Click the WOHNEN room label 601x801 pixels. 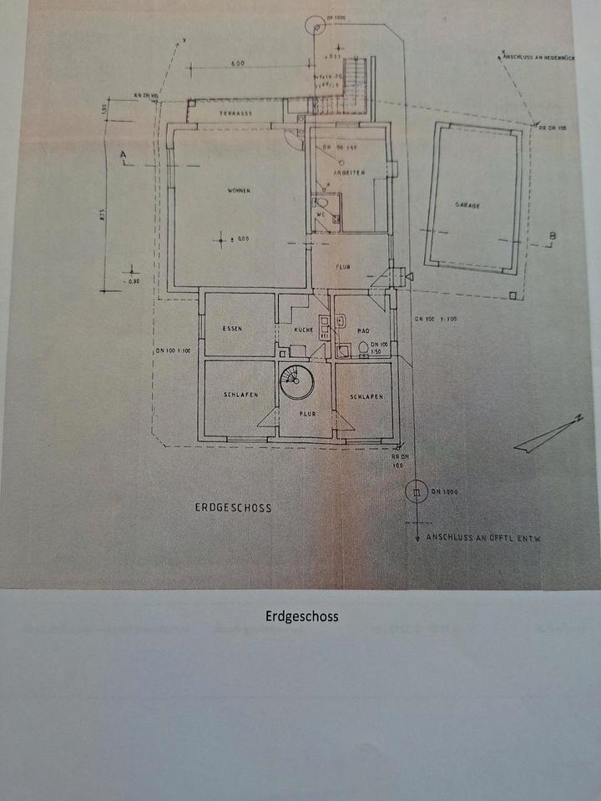pyautogui.click(x=239, y=191)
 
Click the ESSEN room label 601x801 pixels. pyautogui.click(x=232, y=329)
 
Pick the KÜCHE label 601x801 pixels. pyautogui.click(x=302, y=330)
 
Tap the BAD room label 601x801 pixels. pyautogui.click(x=362, y=330)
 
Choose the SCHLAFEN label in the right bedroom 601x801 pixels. pyautogui.click(x=366, y=397)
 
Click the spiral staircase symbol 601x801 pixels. pyautogui.click(x=294, y=383)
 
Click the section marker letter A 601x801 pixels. pyautogui.click(x=124, y=155)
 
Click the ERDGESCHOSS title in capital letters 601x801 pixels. pyautogui.click(x=234, y=507)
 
